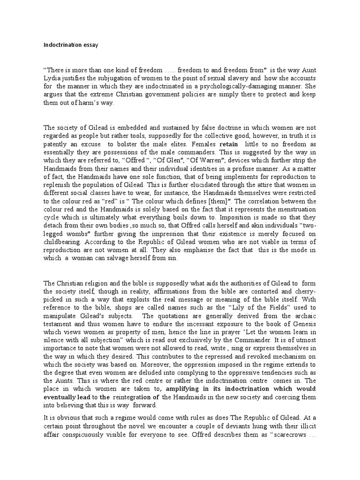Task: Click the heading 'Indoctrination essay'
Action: point(70,45)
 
